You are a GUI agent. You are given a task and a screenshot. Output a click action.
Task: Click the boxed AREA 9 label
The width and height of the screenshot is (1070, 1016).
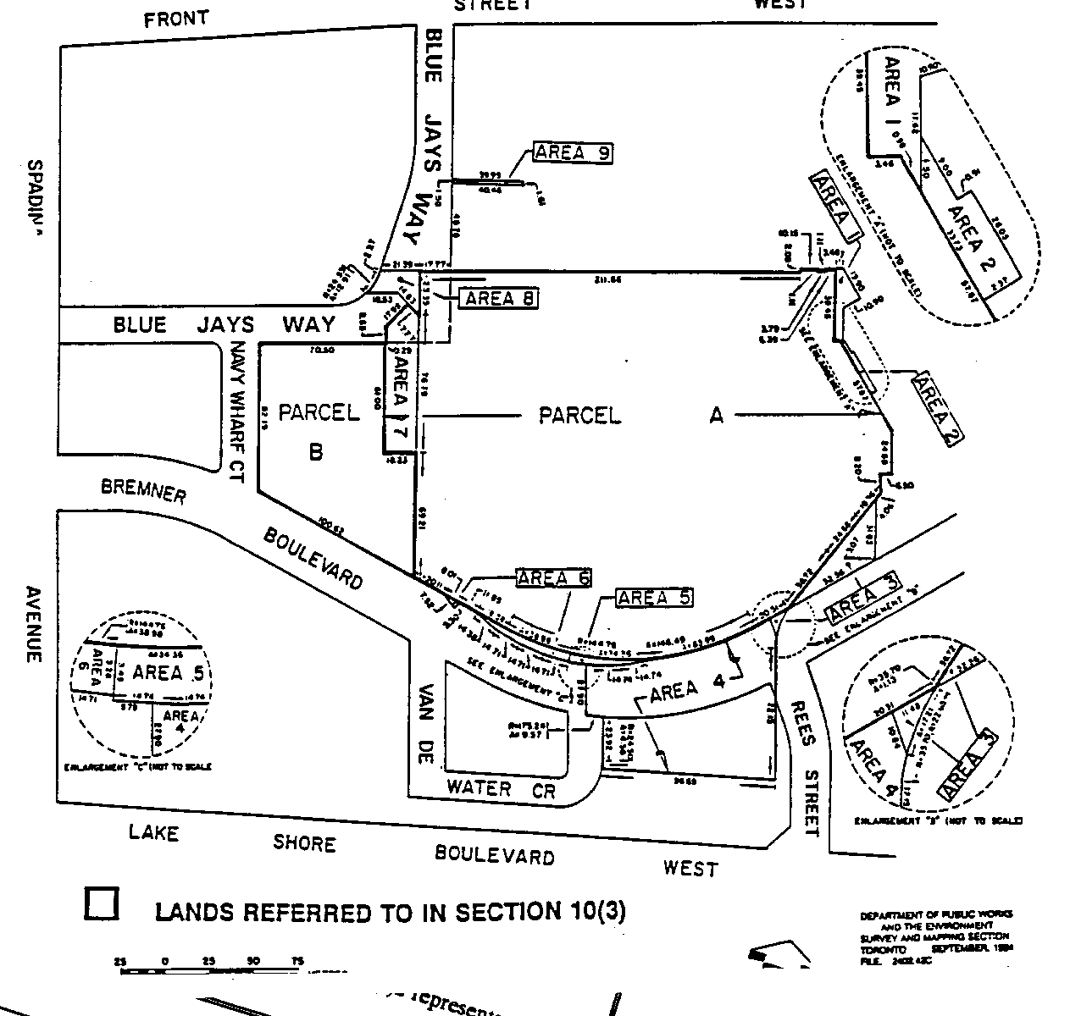[x=573, y=152]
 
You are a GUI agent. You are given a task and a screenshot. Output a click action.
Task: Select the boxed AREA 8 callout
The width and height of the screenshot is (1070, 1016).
[x=498, y=298]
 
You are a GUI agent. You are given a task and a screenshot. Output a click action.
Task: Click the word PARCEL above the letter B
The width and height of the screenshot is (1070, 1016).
[x=319, y=412]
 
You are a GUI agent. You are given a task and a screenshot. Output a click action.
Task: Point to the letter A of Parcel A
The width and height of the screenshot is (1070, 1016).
[x=717, y=415]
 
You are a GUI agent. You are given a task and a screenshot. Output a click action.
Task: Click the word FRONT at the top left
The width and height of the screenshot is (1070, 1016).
[x=176, y=19]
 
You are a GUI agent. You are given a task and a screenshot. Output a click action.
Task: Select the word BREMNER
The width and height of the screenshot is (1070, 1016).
[x=143, y=490]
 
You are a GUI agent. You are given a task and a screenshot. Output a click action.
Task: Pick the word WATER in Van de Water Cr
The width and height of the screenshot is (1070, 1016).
[x=480, y=787]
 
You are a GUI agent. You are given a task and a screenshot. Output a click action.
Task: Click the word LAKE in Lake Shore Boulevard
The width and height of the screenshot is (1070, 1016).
[x=153, y=833]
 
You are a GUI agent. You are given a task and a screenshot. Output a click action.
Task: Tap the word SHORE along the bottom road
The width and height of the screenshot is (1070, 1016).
[x=304, y=843]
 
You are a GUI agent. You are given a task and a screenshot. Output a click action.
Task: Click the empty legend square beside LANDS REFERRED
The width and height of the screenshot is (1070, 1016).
[x=102, y=903]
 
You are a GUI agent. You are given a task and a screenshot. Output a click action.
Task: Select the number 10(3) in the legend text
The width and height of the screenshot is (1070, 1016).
[x=594, y=911]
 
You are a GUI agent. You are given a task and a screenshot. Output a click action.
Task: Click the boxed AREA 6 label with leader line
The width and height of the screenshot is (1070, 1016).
[x=553, y=578]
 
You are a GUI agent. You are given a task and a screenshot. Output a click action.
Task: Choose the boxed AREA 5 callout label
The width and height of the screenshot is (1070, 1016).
[x=654, y=597]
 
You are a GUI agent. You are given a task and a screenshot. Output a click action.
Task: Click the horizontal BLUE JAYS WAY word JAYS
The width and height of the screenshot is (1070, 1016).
[x=230, y=324]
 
